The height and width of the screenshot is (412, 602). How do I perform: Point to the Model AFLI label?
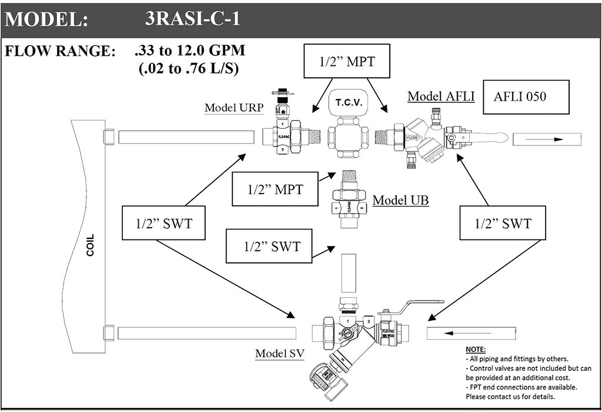(x=441, y=96)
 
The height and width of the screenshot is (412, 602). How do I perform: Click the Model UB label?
(x=400, y=200)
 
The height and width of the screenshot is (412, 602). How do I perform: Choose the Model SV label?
(x=279, y=353)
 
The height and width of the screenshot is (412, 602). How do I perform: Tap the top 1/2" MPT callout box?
(x=347, y=61)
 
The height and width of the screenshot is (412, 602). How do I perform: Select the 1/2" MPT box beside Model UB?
(x=275, y=189)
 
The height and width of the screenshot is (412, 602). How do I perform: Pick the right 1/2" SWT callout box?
(x=503, y=223)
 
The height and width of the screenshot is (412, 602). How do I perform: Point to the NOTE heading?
(x=476, y=350)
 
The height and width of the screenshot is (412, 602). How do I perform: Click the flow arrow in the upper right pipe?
(x=546, y=139)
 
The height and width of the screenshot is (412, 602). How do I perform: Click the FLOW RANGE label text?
(x=61, y=51)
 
